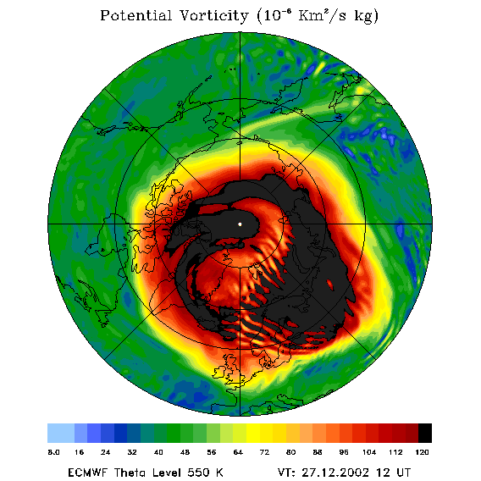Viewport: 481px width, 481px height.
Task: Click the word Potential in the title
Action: coord(135,15)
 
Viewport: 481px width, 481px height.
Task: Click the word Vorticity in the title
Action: coord(213,15)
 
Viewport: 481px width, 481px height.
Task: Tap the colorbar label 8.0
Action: coord(53,452)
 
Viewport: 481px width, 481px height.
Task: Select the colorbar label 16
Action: coord(79,452)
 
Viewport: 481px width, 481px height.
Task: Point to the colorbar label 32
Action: coord(132,452)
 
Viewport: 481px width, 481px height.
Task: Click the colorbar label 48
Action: coord(185,452)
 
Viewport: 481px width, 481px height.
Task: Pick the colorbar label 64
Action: coord(238,452)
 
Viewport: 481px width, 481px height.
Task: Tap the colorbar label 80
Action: coord(290,452)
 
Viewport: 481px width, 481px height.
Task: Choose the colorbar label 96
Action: coord(343,452)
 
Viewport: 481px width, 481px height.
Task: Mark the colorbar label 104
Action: coord(369,452)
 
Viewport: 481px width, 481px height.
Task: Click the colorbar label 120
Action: coord(422,452)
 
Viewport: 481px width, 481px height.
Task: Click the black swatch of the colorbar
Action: coord(425,433)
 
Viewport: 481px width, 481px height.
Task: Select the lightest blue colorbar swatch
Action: coord(61,433)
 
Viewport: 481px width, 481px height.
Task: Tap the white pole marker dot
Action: coord(240,224)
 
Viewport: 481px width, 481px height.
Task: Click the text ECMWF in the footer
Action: coord(87,473)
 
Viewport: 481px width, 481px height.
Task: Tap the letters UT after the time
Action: coord(402,473)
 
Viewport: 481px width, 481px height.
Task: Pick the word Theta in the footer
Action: coord(133,473)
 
